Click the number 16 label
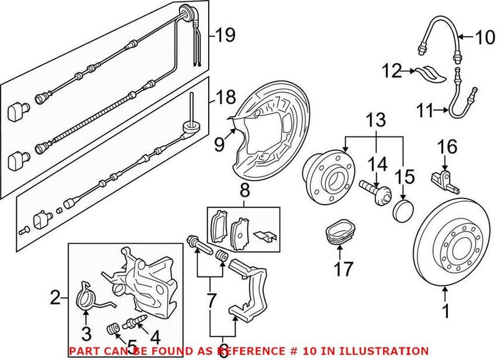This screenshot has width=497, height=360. (x=448, y=148)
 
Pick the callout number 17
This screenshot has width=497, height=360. (x=341, y=269)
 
